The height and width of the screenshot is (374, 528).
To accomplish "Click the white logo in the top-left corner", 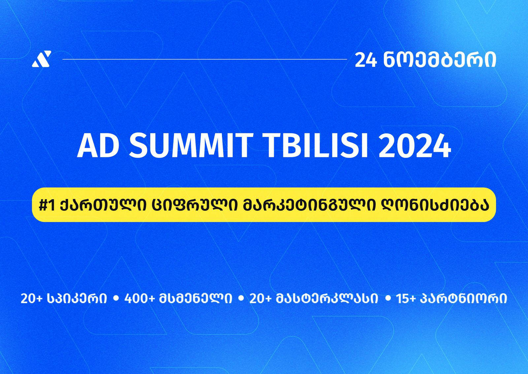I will tap(42, 59).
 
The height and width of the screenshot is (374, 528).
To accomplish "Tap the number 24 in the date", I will tap(366, 60).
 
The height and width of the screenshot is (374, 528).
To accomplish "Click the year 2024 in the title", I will tap(414, 146).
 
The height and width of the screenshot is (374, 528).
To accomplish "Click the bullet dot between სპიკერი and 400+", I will tap(115, 298).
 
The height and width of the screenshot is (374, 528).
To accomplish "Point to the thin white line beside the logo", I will tap(205, 60).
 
